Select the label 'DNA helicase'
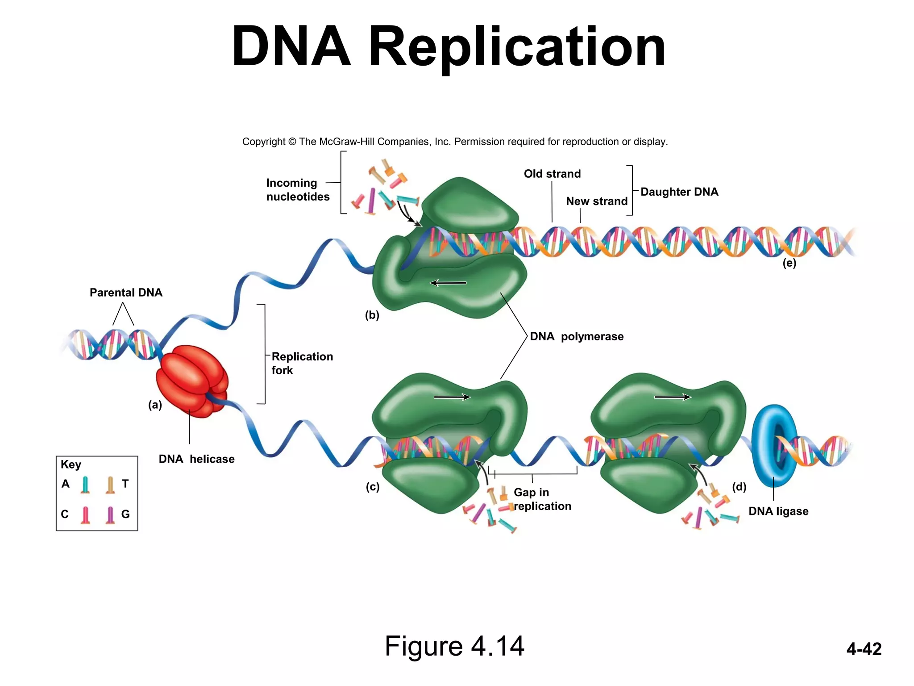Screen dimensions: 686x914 [x=196, y=459]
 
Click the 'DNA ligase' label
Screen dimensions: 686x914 [x=778, y=511]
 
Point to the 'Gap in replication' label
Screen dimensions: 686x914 [x=542, y=499]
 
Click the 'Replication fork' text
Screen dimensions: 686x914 [x=302, y=363]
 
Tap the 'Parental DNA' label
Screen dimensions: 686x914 [x=126, y=293]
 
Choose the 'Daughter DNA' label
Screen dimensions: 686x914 [x=679, y=192]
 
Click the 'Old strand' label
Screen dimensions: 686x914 [x=552, y=174]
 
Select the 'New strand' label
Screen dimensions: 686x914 [x=597, y=201]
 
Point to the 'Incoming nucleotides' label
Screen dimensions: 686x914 [x=298, y=190]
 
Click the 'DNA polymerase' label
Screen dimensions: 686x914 [x=577, y=336]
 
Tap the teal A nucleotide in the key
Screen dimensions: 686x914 [x=85, y=485]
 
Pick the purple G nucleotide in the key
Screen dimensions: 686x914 [x=110, y=514]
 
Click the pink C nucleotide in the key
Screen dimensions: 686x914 [x=86, y=514]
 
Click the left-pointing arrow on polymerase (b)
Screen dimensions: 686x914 [x=448, y=283]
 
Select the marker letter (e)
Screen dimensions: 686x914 [x=789, y=263]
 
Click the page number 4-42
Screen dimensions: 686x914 [x=864, y=649]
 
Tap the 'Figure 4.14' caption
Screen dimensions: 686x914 [x=454, y=646]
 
